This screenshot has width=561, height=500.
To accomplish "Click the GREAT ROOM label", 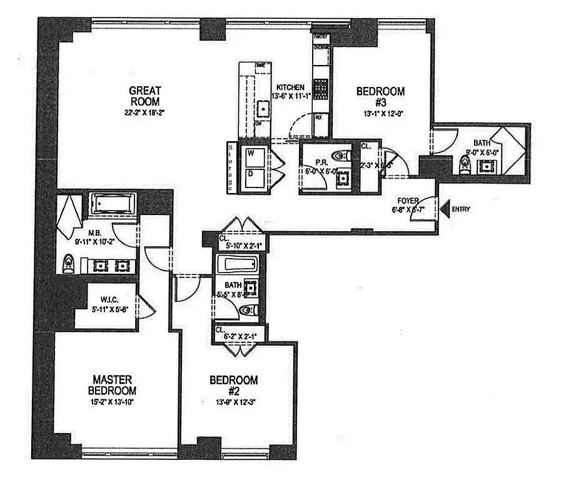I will (x=145, y=96).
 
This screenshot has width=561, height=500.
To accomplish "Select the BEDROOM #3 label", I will (x=380, y=96).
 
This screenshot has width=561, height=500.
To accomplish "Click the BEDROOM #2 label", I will (x=233, y=384).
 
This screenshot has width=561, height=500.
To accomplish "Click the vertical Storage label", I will (x=230, y=167).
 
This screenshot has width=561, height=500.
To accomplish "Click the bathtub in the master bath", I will (x=113, y=204).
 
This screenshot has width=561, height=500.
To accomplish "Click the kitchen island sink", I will (x=263, y=110).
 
